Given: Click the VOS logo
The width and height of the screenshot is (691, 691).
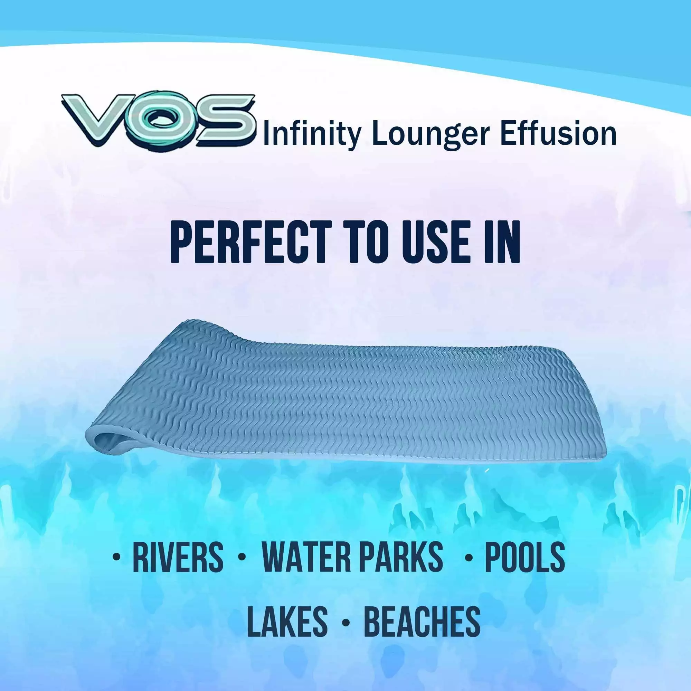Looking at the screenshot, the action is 159,120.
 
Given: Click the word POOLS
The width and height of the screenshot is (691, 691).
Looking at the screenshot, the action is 524,557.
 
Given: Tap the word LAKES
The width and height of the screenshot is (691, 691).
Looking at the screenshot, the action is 287,620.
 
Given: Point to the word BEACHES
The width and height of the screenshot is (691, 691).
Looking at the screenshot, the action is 422,620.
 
